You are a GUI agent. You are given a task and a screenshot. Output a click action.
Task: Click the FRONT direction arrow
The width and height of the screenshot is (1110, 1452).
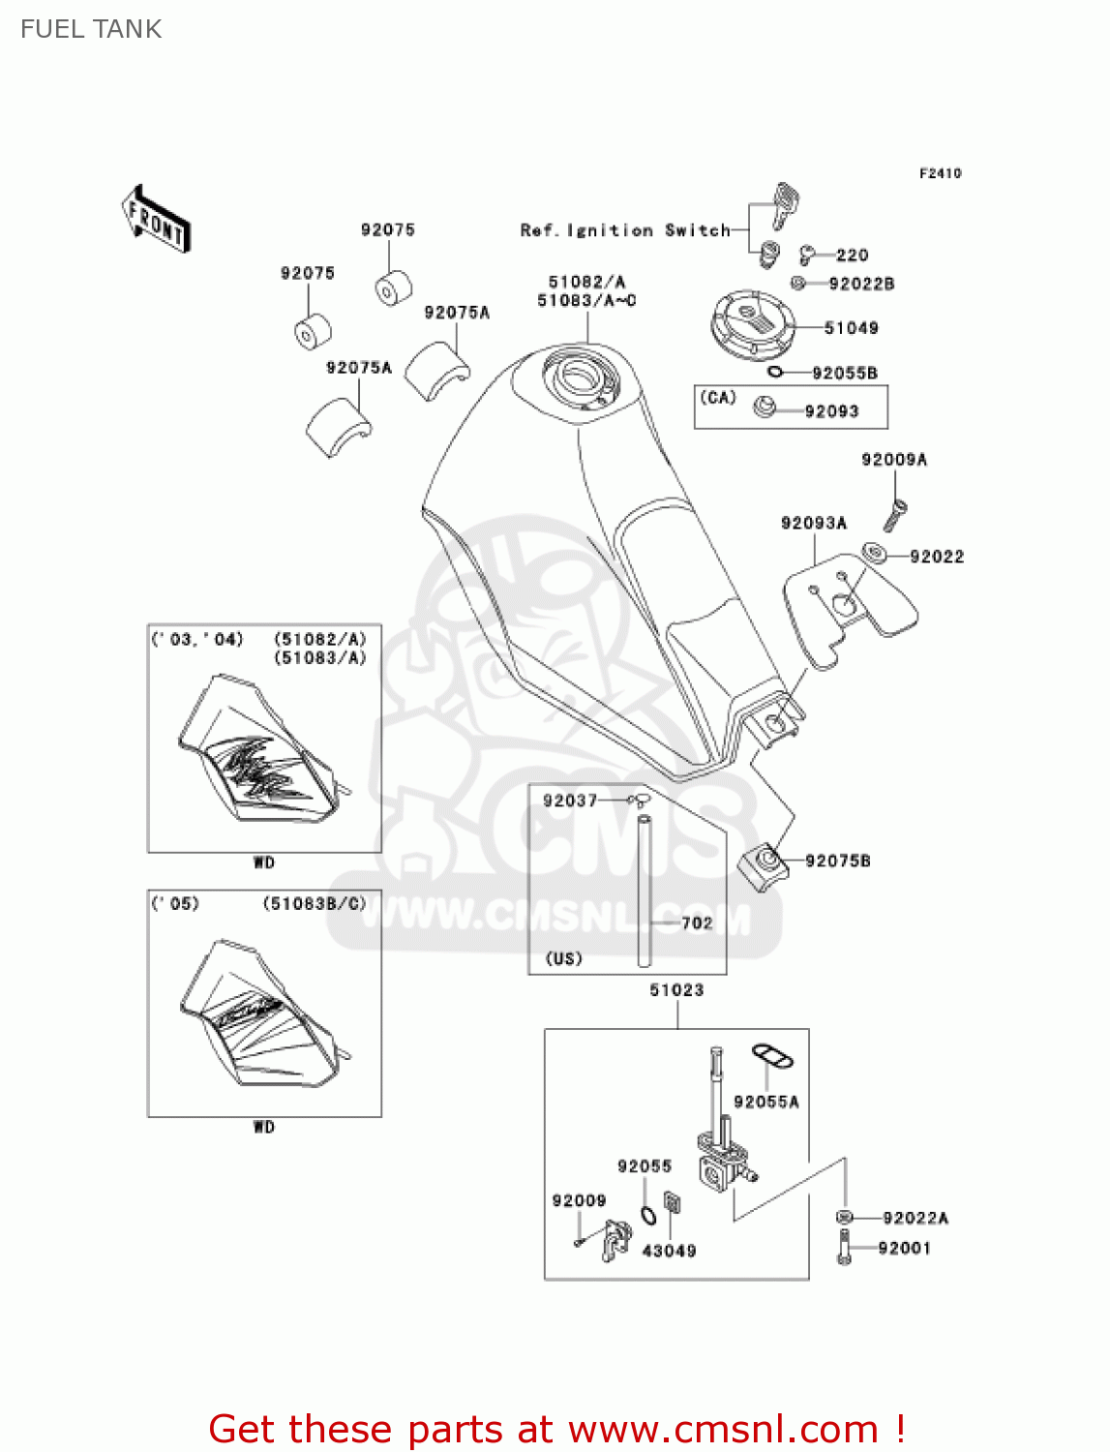pyautogui.click(x=155, y=220)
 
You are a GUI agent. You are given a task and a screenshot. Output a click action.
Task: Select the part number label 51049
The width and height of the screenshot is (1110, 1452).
pyautogui.click(x=851, y=328)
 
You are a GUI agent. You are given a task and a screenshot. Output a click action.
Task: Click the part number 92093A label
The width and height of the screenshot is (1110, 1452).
pyautogui.click(x=813, y=523)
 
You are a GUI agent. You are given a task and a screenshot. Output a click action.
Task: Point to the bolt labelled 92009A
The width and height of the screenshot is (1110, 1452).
pyautogui.click(x=896, y=512)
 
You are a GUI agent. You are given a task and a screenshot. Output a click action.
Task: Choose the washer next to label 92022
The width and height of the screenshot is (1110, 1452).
pyautogui.click(x=874, y=553)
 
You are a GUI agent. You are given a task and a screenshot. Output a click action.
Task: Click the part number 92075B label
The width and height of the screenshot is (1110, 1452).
pyautogui.click(x=837, y=861)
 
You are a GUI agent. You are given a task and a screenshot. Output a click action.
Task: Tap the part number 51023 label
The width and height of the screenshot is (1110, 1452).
pyautogui.click(x=676, y=989)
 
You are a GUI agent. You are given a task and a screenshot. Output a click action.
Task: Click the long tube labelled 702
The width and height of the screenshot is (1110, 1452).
pyautogui.click(x=645, y=891)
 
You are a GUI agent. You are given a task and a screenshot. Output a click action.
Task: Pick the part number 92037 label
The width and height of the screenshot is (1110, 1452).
pyautogui.click(x=570, y=801)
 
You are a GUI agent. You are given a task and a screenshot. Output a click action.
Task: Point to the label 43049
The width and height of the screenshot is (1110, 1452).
pyautogui.click(x=669, y=1251)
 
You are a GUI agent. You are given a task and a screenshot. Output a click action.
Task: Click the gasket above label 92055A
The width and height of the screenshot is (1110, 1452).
pyautogui.click(x=772, y=1055)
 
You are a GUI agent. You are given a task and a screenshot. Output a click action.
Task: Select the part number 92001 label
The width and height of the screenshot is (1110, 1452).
pyautogui.click(x=904, y=1248)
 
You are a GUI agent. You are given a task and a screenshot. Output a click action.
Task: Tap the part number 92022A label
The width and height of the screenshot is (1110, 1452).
pyautogui.click(x=915, y=1218)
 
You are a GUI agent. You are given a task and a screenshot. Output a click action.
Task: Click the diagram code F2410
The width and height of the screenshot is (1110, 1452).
pyautogui.click(x=940, y=173)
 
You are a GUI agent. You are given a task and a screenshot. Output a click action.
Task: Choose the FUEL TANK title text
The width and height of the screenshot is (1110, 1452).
pyautogui.click(x=91, y=29)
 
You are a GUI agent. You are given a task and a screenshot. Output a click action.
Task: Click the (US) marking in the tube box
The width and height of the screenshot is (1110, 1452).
pyautogui.click(x=564, y=958)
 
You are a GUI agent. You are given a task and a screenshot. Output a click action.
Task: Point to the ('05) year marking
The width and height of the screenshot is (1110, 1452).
pyautogui.click(x=175, y=903)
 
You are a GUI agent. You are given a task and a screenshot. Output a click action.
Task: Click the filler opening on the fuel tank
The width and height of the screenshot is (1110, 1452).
pyautogui.click(x=580, y=377)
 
